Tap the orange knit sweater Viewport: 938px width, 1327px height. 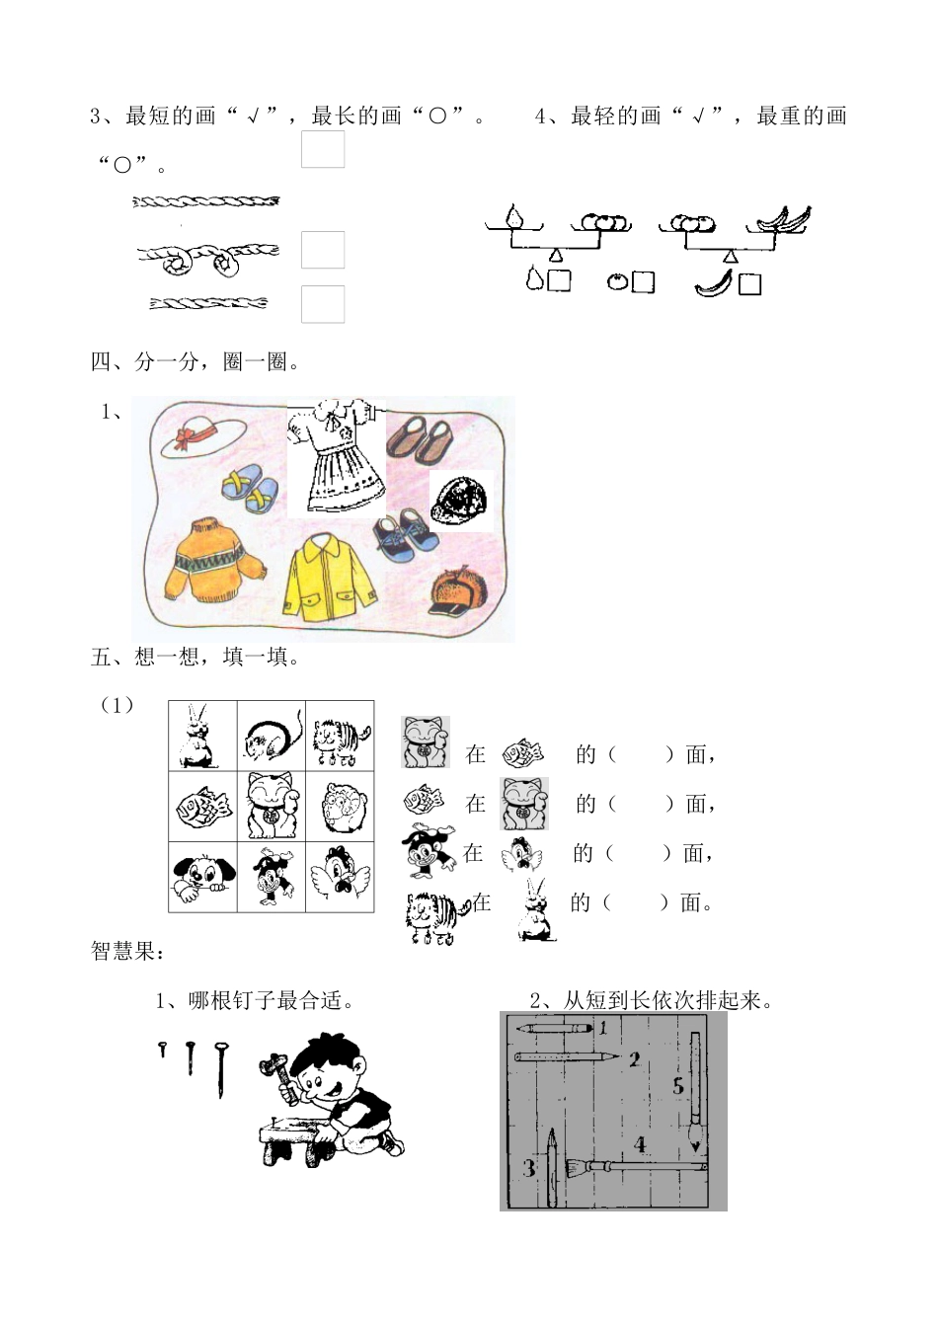pyautogui.click(x=211, y=558)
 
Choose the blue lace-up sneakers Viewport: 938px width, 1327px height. pyautogui.click(x=404, y=537)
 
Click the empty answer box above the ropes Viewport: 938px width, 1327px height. pyautogui.click(x=323, y=150)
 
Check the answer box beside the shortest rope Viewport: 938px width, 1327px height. pyautogui.click(x=323, y=304)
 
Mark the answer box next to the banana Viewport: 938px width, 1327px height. pyautogui.click(x=750, y=284)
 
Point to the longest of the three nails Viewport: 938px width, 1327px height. pyautogui.click(x=224, y=1069)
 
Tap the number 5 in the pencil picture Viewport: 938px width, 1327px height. pyautogui.click(x=678, y=1086)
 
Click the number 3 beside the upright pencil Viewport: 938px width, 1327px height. pyautogui.click(x=530, y=1169)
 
